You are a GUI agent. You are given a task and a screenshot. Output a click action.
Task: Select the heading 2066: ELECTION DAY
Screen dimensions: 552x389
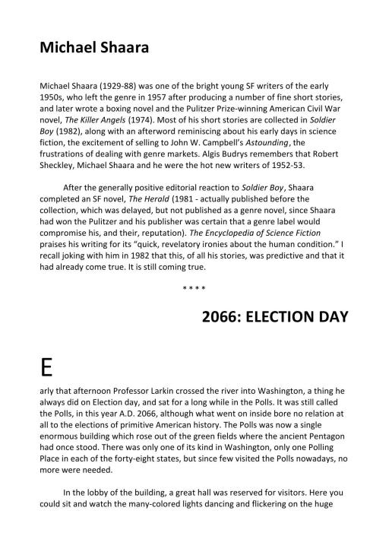tap(275, 317)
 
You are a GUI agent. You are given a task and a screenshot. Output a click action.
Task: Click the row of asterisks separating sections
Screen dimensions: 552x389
tap(194, 289)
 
